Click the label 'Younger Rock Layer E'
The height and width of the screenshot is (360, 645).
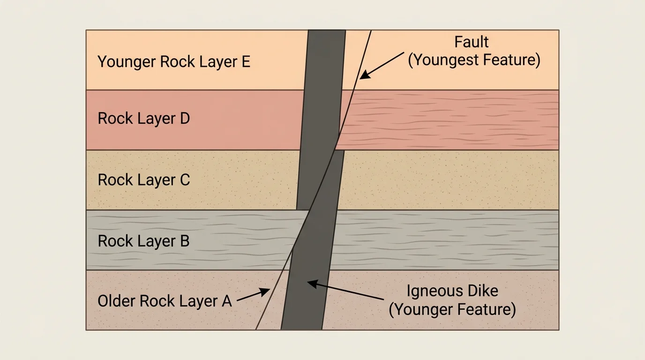[x=174, y=62]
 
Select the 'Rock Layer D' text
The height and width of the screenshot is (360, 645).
[x=143, y=119]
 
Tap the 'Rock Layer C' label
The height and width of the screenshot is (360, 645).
[x=143, y=180]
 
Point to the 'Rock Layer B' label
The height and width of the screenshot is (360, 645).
[x=143, y=241]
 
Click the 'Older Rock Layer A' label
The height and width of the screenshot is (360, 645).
[x=165, y=301]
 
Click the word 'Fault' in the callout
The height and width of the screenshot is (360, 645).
[x=472, y=42]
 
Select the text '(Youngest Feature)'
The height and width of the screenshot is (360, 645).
[x=474, y=60]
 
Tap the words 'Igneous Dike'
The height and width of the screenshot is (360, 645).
[x=452, y=291]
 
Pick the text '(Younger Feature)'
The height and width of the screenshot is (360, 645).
[x=452, y=309]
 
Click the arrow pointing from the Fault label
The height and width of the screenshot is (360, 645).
[x=382, y=65]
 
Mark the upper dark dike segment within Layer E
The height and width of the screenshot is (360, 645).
[x=326, y=60]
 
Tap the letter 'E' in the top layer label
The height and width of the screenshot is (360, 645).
[x=246, y=62]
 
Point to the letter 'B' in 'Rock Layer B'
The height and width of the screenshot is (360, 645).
[x=184, y=241]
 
